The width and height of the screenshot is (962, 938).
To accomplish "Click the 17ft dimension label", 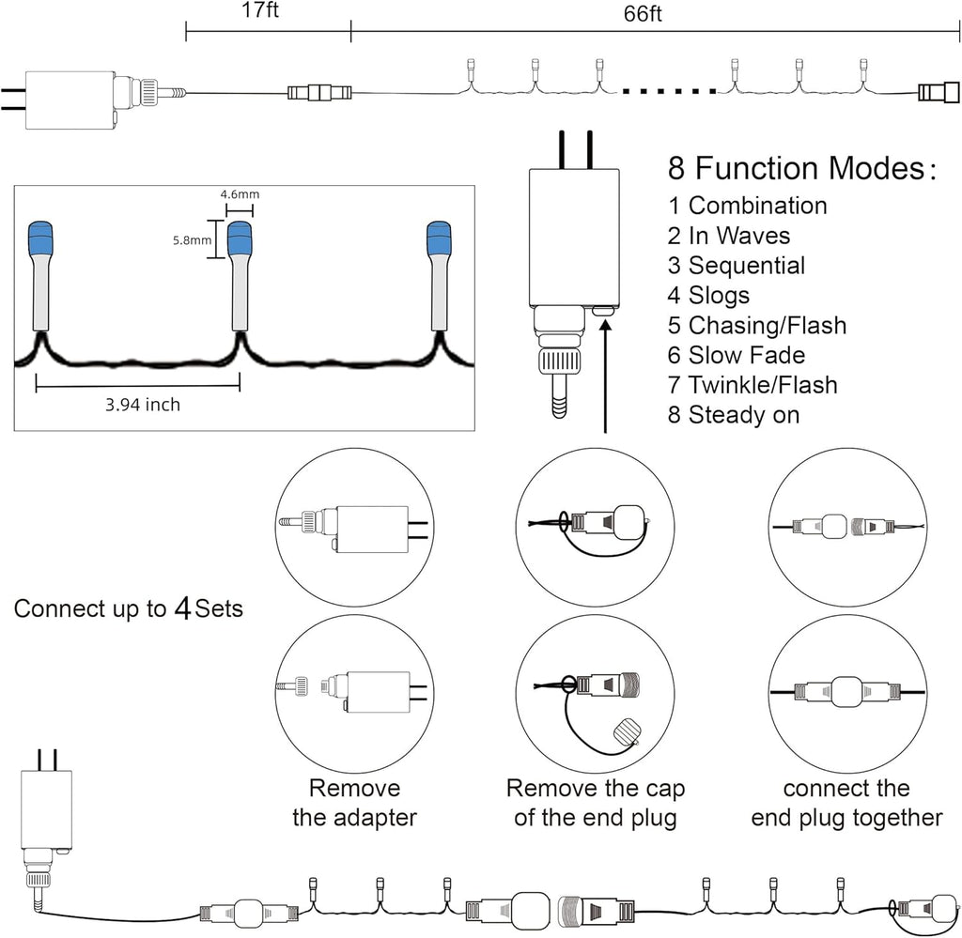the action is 260,10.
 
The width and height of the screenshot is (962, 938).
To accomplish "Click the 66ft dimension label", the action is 643,13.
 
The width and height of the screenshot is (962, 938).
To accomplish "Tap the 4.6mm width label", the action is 240,194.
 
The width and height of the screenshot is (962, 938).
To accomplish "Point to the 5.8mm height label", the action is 192,240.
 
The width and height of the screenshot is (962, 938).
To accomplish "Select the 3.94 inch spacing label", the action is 143,405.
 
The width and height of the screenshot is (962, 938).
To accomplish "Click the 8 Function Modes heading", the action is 802,168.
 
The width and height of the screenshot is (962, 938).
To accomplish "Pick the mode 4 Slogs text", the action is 708,296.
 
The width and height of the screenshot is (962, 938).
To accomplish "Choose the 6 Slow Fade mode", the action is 737,355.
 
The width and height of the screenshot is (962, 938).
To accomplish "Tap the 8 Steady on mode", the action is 734,415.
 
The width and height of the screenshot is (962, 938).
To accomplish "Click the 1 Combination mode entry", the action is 747,206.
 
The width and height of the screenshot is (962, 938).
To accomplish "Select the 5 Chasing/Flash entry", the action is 757,326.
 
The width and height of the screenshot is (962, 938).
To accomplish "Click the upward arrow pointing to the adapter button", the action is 606,377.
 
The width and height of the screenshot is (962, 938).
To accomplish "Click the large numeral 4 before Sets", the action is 183,608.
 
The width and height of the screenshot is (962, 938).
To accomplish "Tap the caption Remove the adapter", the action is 354,803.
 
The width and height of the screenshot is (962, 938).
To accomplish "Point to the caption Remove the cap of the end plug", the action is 595,803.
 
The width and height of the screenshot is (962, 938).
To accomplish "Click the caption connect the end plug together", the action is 846,803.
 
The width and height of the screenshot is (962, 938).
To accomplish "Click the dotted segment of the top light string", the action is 669,91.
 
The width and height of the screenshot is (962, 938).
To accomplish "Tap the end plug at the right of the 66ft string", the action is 939,92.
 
